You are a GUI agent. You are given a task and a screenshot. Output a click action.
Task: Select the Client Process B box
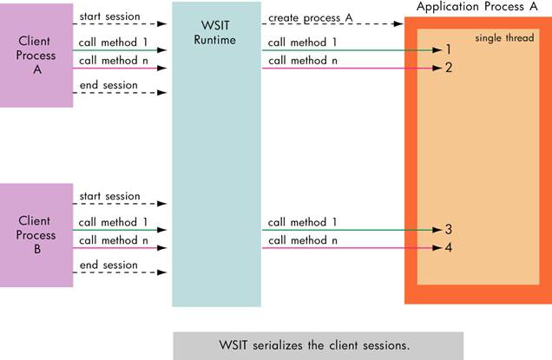tap(36, 234)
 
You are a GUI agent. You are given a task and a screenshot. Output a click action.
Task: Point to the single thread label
tap(504, 39)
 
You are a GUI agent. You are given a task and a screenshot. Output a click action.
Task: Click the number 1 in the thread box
tap(449, 50)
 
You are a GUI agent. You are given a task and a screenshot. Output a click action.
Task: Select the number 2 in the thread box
tap(449, 68)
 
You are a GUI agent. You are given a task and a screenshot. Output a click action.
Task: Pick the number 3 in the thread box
tap(449, 230)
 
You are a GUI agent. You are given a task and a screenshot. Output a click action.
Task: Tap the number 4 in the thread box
tap(449, 248)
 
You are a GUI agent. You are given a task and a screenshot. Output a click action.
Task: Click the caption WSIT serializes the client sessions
tap(318, 344)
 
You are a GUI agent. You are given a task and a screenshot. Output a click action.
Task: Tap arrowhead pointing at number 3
tap(437, 231)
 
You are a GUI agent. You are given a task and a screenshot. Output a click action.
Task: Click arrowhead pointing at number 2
tap(437, 68)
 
